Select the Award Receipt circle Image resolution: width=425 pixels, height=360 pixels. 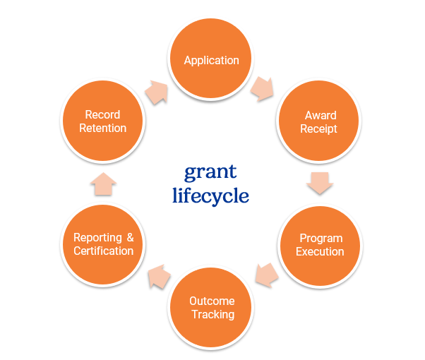(320, 121)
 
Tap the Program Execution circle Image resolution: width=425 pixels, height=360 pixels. (320, 244)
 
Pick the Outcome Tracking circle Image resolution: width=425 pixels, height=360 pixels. (212, 306)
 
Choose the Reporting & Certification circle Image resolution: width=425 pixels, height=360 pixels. (103, 244)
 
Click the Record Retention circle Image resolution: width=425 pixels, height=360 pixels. (103, 121)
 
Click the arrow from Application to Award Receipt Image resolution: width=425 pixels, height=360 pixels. (262, 88)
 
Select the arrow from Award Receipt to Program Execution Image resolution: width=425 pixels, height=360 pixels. (320, 184)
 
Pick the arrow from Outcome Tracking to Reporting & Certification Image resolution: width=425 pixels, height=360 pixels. (158, 276)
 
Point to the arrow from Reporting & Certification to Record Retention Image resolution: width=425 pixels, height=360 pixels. (103, 185)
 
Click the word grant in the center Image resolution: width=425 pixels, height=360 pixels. (210, 172)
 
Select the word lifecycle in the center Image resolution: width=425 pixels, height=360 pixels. (210, 195)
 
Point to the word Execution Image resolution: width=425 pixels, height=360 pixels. (320, 251)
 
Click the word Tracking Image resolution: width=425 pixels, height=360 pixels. (212, 314)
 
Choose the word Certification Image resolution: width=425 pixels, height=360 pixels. (103, 251)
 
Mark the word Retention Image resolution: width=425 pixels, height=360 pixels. (103, 128)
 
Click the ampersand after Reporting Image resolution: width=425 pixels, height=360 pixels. (129, 238)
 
